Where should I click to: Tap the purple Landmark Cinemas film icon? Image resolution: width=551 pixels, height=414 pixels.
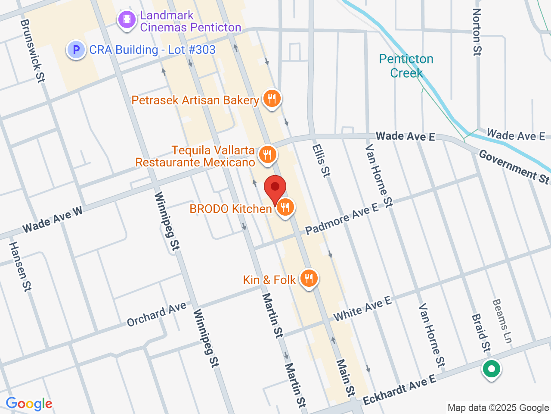pyautogui.click(x=127, y=19)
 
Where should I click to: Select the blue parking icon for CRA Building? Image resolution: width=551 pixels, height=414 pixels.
pyautogui.click(x=76, y=50)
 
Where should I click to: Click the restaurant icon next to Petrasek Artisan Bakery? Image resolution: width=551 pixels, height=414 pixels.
pyautogui.click(x=271, y=99)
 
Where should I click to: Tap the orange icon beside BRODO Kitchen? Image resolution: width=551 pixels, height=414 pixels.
pyautogui.click(x=285, y=207)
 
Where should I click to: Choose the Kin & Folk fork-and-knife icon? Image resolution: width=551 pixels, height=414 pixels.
pyautogui.click(x=308, y=278)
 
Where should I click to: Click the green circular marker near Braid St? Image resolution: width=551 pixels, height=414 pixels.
pyautogui.click(x=491, y=369)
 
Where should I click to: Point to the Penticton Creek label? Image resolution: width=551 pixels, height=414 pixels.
pyautogui.click(x=406, y=66)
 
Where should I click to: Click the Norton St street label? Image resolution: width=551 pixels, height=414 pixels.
pyautogui.click(x=477, y=32)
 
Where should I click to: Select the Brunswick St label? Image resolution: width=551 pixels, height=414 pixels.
pyautogui.click(x=32, y=51)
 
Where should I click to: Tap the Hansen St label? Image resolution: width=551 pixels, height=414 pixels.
pyautogui.click(x=20, y=267)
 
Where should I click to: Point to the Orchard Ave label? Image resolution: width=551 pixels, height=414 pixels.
pyautogui.click(x=156, y=314)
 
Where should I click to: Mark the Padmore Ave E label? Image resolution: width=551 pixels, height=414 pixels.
pyautogui.click(x=342, y=220)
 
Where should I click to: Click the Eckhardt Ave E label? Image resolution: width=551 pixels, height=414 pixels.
pyautogui.click(x=399, y=390)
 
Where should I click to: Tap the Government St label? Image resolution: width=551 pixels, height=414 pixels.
pyautogui.click(x=514, y=167)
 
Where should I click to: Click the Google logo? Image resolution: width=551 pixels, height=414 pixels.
pyautogui.click(x=29, y=404)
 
